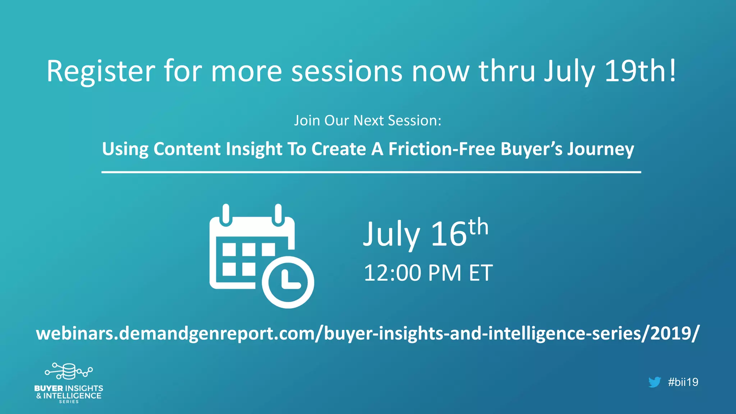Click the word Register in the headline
click(x=101, y=72)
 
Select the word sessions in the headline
click(x=346, y=71)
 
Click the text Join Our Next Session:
click(x=368, y=121)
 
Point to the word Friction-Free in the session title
click(x=442, y=149)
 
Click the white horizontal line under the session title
click(x=371, y=172)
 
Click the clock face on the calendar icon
click(x=288, y=282)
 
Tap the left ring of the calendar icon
click(x=226, y=214)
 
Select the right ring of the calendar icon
click(x=278, y=214)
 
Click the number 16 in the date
click(x=448, y=234)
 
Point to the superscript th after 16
click(x=478, y=227)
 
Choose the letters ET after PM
click(x=481, y=273)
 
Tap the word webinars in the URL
click(x=75, y=333)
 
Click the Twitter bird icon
click(x=654, y=382)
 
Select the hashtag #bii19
click(x=683, y=382)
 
